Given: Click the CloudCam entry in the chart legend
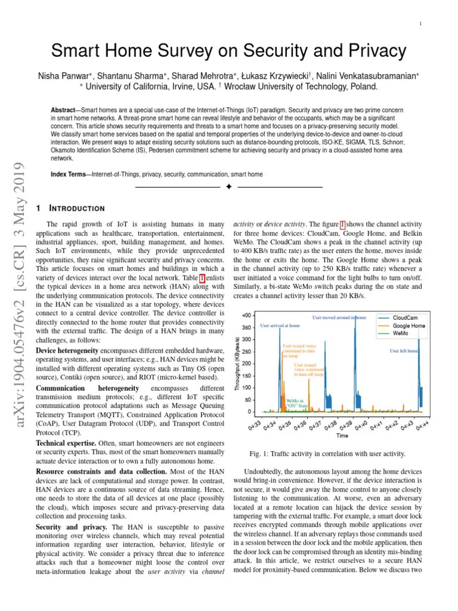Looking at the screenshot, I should [408, 318].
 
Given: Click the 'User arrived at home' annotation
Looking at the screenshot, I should [280, 326].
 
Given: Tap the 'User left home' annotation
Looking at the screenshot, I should [404, 351].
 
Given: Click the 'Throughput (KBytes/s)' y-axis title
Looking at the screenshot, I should [237, 362].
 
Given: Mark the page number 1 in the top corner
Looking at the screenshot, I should [421, 23].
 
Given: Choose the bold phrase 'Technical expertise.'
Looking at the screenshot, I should [66, 443].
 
